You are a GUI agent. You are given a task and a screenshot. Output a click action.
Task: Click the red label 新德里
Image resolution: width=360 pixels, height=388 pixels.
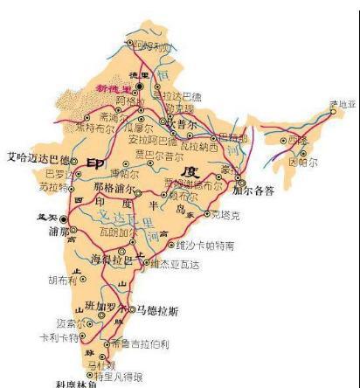pos(113,90)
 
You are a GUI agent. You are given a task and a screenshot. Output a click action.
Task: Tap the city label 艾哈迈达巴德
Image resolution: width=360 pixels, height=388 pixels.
pos(38,158)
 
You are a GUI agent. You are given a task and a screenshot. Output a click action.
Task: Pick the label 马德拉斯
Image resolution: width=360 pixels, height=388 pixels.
pos(159,309)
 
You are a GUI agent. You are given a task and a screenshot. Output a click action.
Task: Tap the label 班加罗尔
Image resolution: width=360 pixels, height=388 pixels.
pos(113,306)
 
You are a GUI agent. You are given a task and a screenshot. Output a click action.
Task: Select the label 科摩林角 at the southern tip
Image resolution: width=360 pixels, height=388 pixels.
pos(73,383)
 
